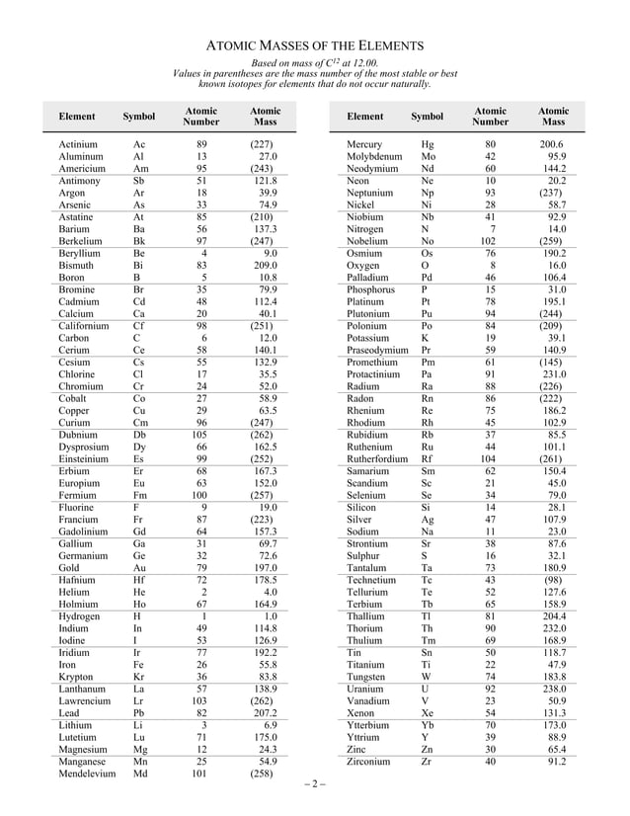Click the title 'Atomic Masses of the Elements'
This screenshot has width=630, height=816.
315,45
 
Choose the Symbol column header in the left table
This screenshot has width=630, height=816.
139,118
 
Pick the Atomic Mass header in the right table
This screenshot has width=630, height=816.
553,118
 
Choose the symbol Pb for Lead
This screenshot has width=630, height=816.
139,712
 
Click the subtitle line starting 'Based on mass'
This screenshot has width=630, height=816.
315,63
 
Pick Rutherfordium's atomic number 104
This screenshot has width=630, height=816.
488,459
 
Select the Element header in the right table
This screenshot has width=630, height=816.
365,118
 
